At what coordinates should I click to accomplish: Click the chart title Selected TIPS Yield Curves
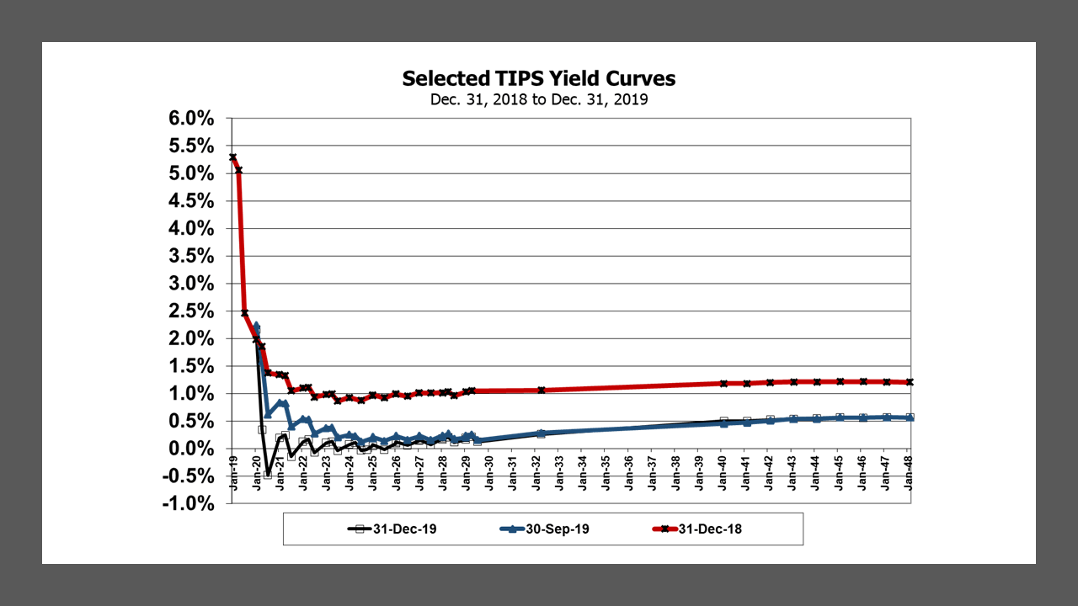(x=538, y=78)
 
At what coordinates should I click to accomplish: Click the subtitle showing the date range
(x=538, y=99)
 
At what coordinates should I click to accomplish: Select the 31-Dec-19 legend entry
(x=394, y=529)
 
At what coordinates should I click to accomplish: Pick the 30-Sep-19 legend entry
(x=547, y=529)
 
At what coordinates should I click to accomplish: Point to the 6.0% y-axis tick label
(x=192, y=119)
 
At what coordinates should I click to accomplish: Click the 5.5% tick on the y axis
(x=192, y=146)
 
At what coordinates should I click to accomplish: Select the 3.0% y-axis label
(x=192, y=284)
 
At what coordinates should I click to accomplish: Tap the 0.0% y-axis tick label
(x=192, y=449)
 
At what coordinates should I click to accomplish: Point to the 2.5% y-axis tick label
(x=192, y=311)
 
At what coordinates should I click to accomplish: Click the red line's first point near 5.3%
(x=233, y=157)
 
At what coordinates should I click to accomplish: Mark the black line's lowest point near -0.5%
(x=268, y=475)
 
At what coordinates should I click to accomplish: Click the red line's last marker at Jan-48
(x=910, y=382)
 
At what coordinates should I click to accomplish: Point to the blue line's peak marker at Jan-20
(x=256, y=327)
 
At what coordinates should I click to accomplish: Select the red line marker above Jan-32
(x=541, y=390)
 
